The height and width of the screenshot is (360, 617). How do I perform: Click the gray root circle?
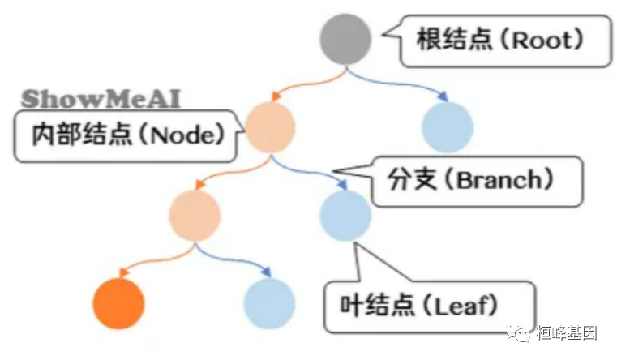tap(345, 38)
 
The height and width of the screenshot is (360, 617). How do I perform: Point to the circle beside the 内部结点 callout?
tap(271, 128)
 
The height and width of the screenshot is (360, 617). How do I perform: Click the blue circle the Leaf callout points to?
tap(345, 214)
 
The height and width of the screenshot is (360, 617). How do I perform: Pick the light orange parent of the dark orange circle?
tap(195, 214)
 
